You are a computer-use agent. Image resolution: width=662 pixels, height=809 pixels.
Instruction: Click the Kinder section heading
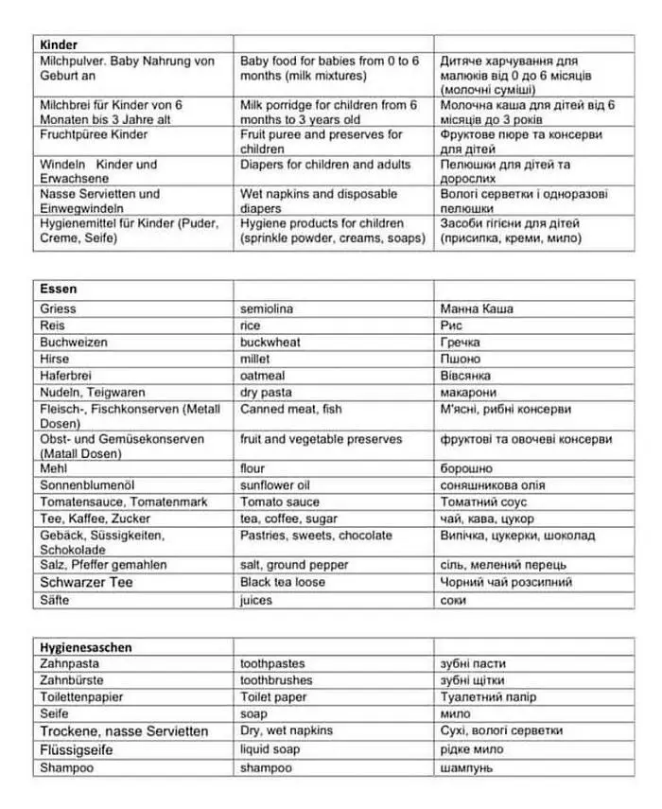point(59,44)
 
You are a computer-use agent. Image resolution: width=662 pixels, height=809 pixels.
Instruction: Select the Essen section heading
point(59,289)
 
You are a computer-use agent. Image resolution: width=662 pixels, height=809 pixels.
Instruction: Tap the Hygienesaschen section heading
point(85,647)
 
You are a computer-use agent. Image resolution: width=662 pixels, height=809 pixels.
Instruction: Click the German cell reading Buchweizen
point(74,343)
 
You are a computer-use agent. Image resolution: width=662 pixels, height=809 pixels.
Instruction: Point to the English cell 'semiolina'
point(267,308)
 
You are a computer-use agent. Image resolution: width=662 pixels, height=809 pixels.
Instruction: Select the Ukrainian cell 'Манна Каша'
point(477,308)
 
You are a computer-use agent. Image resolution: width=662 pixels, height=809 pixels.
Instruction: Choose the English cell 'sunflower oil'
point(275,484)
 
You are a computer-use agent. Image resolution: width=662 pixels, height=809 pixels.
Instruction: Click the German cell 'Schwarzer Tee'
point(86,583)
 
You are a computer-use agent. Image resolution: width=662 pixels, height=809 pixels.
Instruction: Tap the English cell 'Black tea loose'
point(284,583)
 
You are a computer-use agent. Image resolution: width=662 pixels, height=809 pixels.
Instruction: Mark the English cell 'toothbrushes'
point(279,680)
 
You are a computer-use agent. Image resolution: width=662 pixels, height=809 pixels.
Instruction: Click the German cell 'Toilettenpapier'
point(82,697)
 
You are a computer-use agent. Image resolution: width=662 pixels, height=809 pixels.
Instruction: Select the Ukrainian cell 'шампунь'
point(467,767)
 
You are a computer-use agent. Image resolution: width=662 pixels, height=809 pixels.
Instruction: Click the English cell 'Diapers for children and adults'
point(325,165)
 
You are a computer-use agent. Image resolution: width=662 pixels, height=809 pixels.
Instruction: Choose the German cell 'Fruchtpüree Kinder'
point(94,135)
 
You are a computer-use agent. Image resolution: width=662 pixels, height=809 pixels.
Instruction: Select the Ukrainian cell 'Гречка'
point(461,343)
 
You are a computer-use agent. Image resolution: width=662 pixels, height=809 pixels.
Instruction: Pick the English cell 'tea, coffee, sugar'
point(288,519)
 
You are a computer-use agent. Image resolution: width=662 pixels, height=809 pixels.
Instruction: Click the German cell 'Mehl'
point(54,468)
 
